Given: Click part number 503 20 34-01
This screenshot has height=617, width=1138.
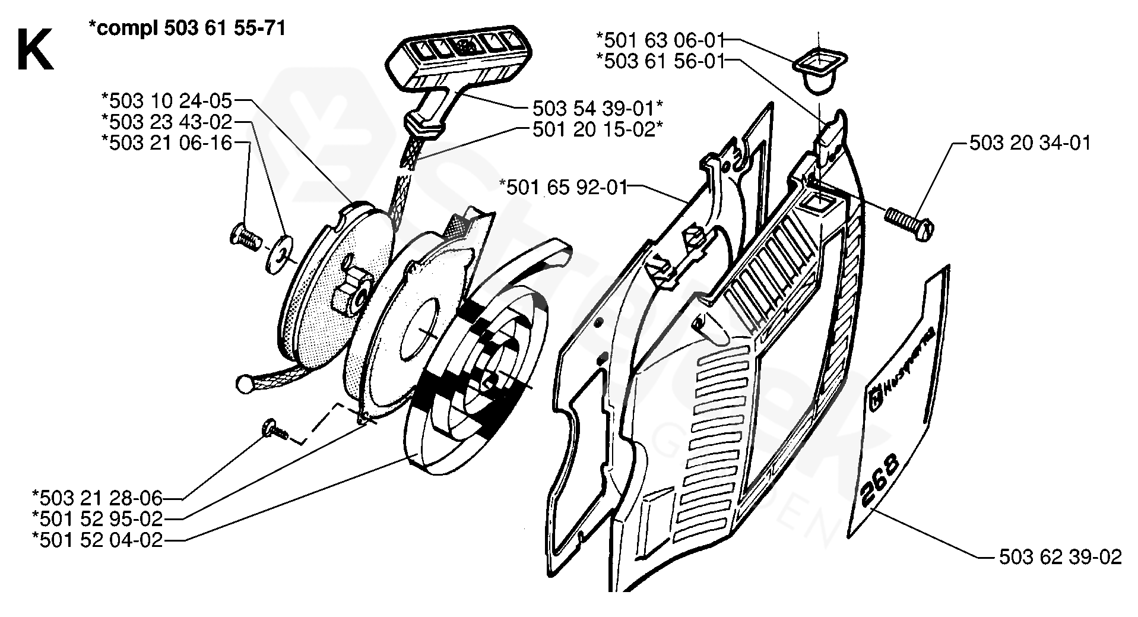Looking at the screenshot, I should pyautogui.click(x=1030, y=143).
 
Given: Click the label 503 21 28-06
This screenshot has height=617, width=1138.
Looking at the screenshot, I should pyautogui.click(x=97, y=498).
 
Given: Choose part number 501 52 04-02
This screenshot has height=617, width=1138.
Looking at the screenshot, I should pyautogui.click(x=97, y=540).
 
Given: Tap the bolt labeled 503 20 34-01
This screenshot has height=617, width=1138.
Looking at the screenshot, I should pyautogui.click(x=908, y=223).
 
